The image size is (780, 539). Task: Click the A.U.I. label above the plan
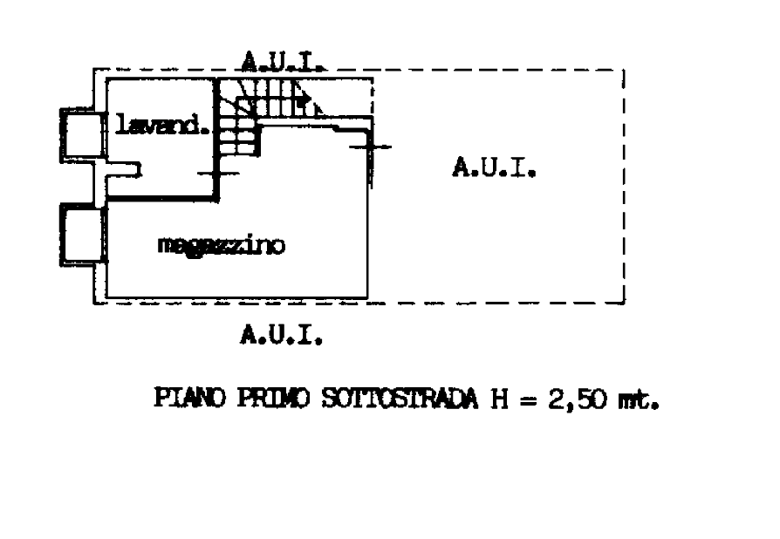(x=282, y=60)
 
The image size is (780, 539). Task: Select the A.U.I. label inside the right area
(x=493, y=168)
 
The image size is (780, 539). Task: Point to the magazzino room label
(x=222, y=247)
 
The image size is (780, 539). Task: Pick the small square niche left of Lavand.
(x=79, y=136)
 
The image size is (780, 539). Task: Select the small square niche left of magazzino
(x=84, y=235)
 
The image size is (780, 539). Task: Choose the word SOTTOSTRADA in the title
(x=401, y=401)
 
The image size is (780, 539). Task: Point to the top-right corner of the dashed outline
(x=624, y=68)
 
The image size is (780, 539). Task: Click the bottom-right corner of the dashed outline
(x=624, y=303)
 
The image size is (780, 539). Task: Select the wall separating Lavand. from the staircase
(x=215, y=126)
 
